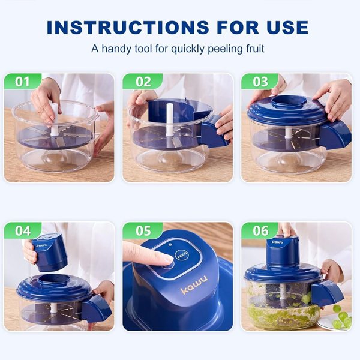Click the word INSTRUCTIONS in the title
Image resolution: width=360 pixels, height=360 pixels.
click(128, 28)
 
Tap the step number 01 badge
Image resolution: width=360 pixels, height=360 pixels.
click(22, 82)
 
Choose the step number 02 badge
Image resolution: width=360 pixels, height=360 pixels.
click(143, 82)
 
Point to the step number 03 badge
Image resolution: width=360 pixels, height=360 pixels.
click(260, 82)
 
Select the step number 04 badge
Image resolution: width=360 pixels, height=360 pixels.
click(23, 230)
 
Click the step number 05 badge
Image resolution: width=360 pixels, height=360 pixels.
click(143, 230)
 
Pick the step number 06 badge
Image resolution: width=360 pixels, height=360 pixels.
click(260, 230)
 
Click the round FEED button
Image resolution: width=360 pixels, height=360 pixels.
click(182, 255)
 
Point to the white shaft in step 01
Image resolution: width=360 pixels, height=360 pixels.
click(55, 119)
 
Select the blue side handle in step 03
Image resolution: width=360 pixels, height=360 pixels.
click(335, 135)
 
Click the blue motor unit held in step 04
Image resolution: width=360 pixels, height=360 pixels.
click(49, 252)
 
